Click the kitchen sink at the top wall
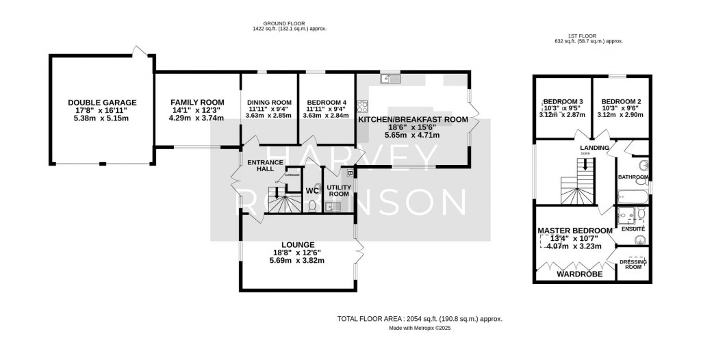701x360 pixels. point(391,78)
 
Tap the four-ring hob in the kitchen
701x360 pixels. point(362,106)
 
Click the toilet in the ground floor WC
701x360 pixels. point(313,205)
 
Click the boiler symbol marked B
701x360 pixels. point(350,174)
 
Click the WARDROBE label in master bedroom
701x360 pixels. point(579,274)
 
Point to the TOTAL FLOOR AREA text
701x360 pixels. point(420,319)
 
